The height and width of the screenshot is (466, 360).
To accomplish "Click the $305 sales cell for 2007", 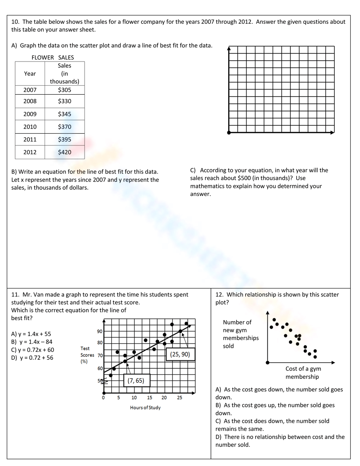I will (x=64, y=90).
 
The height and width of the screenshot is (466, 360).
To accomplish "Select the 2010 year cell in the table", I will (x=30, y=127).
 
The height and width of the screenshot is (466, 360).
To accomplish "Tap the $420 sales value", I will (x=64, y=152).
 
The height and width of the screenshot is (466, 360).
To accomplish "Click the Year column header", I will (x=30, y=73).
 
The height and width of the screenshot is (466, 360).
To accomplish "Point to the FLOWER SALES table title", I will (x=53, y=57).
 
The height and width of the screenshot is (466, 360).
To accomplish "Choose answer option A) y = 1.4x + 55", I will (x=31, y=334).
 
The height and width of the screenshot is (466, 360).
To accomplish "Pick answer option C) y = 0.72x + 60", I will (x=32, y=350).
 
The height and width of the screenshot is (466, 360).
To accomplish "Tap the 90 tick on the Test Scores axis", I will (x=100, y=331).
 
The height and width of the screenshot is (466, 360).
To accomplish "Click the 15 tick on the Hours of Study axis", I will (x=149, y=398).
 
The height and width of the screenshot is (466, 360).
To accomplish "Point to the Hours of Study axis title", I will (x=145, y=407).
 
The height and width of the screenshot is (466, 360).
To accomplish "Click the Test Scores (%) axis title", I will (x=87, y=355).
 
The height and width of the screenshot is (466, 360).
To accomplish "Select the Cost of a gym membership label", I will (x=302, y=373).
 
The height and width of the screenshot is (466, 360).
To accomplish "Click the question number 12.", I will (x=219, y=295).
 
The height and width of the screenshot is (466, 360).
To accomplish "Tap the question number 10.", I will (x=15, y=22).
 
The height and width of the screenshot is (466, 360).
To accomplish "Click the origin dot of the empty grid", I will (x=229, y=133).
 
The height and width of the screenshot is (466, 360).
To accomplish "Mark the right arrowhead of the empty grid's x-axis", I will (x=333, y=133).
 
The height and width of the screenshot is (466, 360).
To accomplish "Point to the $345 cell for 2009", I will (x=64, y=114).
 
